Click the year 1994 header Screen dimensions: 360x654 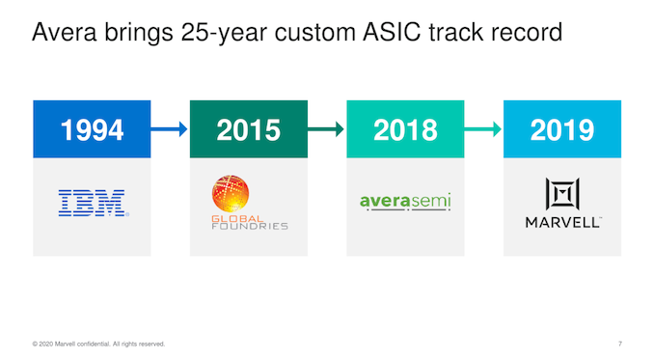[92, 129]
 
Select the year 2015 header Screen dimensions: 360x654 [249, 129]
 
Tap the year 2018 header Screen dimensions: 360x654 [405, 129]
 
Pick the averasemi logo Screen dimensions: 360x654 [405, 203]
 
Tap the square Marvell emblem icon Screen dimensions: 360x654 [561, 194]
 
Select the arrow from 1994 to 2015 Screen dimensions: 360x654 [170, 129]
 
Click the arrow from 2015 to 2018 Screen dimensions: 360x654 [327, 129]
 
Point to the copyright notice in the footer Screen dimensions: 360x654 [98, 344]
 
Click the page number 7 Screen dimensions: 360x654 [618, 344]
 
